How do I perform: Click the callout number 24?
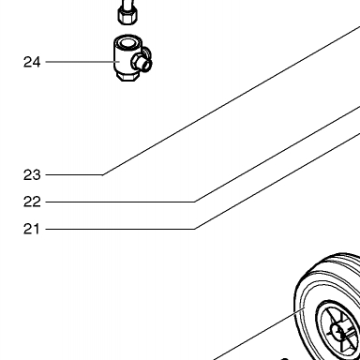[x=32, y=62]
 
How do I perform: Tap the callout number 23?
[x=32, y=175]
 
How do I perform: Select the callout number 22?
[x=32, y=202]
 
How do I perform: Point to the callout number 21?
[x=32, y=229]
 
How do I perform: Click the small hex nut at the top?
[x=127, y=16]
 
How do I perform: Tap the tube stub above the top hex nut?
[x=127, y=4]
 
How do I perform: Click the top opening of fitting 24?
[x=127, y=43]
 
